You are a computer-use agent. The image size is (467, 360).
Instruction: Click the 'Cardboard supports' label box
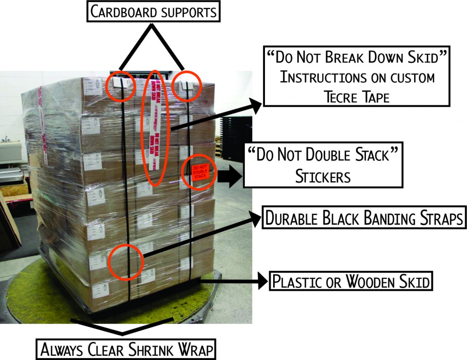coord(153,12)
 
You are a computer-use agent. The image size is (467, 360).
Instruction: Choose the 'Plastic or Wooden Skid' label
coord(350,282)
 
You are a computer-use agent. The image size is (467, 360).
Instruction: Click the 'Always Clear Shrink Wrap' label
coord(127,350)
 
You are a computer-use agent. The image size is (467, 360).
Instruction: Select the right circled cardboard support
coord(187,85)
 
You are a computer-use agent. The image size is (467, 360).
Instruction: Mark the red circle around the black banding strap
coord(126,261)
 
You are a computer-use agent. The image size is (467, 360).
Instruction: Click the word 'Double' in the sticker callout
coord(325,155)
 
